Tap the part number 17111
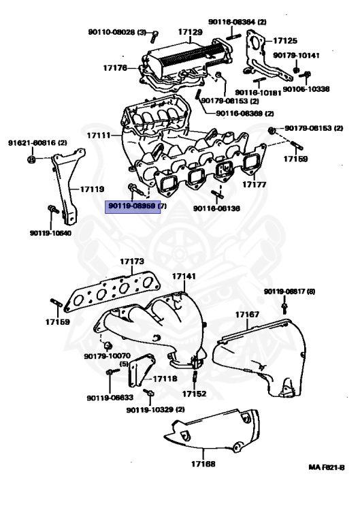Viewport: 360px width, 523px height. [98, 136]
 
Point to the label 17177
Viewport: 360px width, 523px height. [253, 185]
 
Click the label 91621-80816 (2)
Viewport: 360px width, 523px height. [37, 143]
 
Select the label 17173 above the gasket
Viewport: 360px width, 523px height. [132, 261]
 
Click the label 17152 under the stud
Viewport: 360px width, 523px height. [194, 394]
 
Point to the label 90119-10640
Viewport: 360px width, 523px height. [50, 233]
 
